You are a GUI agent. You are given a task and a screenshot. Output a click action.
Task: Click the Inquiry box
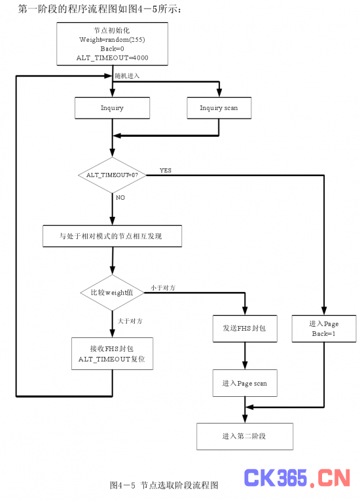112,108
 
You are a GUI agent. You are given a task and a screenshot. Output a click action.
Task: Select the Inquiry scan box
219,108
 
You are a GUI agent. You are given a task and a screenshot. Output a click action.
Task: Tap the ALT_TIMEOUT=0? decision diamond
112,175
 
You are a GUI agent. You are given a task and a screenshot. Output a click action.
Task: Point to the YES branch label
166,170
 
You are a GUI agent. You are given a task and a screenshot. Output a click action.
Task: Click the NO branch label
120,198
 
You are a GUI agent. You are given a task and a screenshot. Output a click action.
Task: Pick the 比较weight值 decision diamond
112,293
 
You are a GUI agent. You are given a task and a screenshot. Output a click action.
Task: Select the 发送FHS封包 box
245,329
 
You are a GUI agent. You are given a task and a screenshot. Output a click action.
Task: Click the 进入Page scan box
245,383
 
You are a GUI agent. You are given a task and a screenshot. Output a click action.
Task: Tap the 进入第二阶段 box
245,436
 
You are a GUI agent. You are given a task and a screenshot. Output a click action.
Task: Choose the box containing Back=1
324,329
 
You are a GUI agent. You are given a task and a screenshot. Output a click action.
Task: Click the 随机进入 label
127,76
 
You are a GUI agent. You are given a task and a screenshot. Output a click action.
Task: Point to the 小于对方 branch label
163,288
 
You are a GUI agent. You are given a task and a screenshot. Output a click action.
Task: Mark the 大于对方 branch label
130,321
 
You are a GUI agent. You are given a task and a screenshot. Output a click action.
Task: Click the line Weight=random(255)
112,39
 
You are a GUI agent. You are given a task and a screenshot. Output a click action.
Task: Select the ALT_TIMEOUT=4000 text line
112,58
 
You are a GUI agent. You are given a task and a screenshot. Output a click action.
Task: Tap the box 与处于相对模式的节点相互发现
112,236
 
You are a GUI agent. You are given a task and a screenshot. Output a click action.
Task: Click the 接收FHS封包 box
112,354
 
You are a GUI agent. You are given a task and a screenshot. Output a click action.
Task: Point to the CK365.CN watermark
297,478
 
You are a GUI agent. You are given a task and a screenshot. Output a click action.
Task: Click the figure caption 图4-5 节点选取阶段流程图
164,485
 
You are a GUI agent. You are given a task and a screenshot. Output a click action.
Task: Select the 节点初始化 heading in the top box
112,30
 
